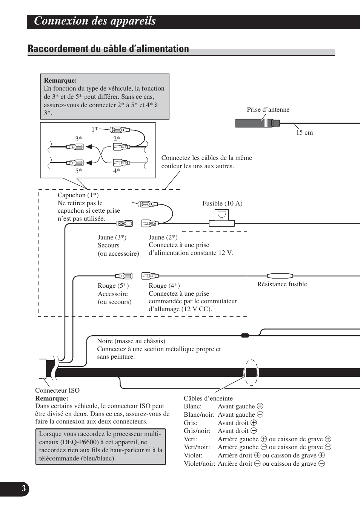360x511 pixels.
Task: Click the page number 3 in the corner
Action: coord(23,489)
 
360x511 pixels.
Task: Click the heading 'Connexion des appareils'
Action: coord(95,21)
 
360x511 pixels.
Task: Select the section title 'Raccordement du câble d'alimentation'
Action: coord(108,49)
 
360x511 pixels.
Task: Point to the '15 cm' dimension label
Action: coord(304,133)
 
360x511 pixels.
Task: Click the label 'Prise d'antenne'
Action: coord(268,110)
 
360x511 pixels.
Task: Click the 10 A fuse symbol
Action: coord(222,218)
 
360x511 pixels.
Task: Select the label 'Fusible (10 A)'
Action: coord(222,204)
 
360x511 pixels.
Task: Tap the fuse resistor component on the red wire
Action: coord(280,276)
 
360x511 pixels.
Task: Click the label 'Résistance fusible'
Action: coord(282,284)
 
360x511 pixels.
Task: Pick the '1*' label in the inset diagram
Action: coord(94,129)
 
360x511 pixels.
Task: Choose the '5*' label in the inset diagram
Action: coord(78,171)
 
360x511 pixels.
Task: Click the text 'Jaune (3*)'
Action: coord(112,238)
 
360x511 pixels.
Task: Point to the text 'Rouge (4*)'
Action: coord(164,286)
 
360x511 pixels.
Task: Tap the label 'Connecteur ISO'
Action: coord(57,391)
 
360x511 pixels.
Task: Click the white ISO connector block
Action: coord(43,368)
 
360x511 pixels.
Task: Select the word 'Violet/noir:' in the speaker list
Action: coord(199,464)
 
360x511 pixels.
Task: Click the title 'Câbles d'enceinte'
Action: coord(208,399)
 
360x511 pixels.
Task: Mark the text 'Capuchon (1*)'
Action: coord(78,195)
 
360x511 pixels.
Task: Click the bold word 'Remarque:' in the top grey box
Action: coord(60,80)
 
